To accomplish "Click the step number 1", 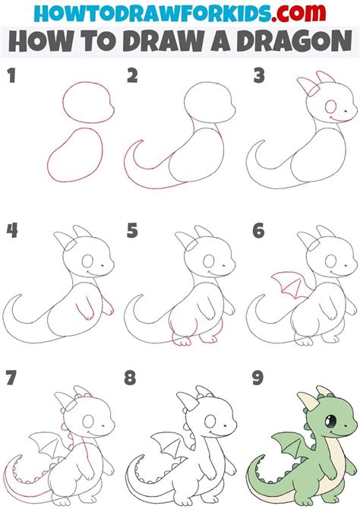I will [10, 76].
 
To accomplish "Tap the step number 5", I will [133, 229].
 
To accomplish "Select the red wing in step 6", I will [286, 286].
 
